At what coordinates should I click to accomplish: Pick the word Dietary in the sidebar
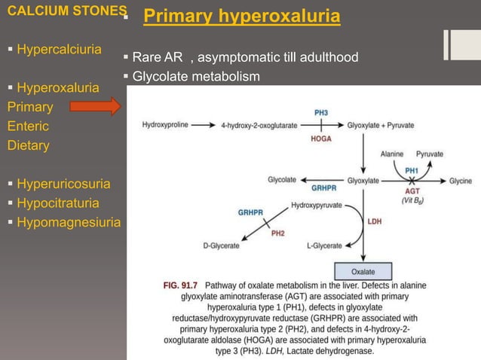(29, 145)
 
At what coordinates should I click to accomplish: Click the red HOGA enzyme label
(320, 139)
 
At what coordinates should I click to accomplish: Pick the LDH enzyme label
(375, 221)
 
